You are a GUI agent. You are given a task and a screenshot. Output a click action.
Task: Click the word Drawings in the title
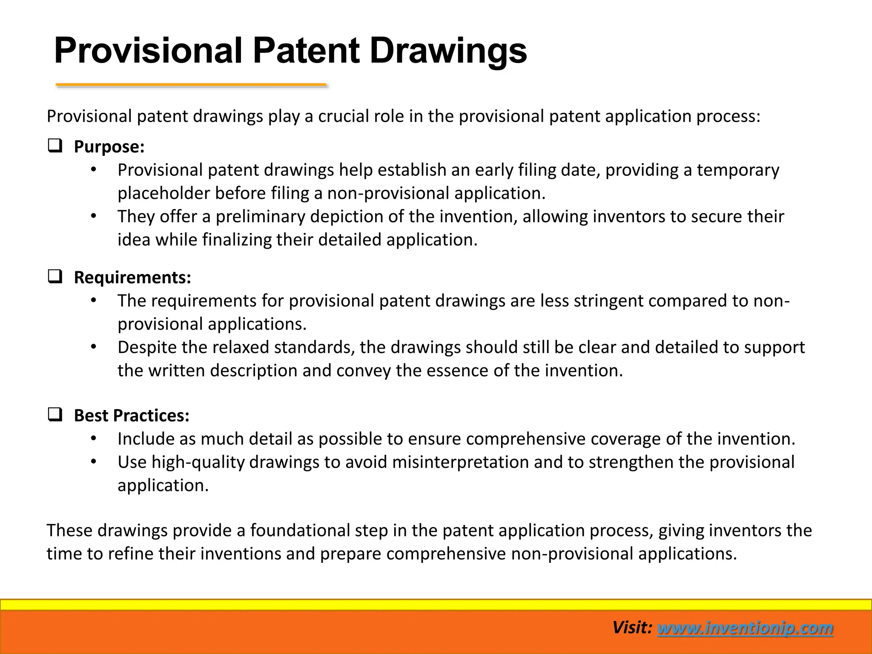point(448,51)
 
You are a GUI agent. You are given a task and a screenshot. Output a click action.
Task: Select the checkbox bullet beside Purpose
point(55,146)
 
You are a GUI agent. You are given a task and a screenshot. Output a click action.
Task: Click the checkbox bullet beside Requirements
point(55,277)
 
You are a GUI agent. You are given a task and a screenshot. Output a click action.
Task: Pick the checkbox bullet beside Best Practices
point(55,415)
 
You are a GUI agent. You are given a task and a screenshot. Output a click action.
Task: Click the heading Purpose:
point(109,147)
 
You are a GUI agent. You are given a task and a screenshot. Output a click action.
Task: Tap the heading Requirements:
point(132,278)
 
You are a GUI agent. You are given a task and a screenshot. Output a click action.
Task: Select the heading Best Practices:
point(132,416)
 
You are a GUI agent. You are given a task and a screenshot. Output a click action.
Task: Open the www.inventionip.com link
point(745,628)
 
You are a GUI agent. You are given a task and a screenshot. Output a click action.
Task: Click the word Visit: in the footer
point(632,628)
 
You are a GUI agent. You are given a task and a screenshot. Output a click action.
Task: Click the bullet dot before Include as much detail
point(94,439)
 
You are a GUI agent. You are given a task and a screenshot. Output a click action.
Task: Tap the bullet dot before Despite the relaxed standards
point(94,347)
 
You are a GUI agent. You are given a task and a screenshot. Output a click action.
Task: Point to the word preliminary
point(260,217)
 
